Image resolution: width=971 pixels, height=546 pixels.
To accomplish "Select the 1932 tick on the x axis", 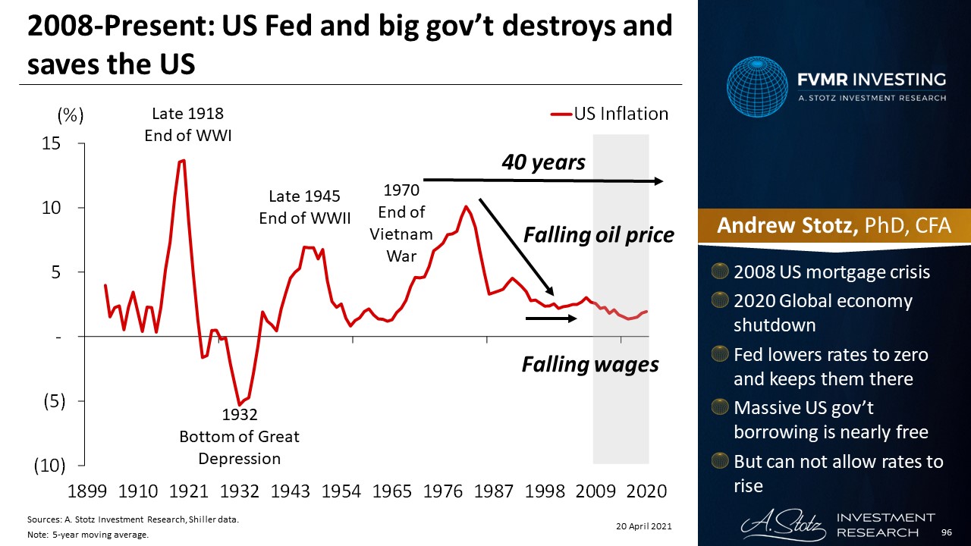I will pyautogui.click(x=239, y=491).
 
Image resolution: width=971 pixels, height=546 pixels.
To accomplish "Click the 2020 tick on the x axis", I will pyautogui.click(x=647, y=491).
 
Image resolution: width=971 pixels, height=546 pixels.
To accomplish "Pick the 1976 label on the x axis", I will pyautogui.click(x=443, y=491).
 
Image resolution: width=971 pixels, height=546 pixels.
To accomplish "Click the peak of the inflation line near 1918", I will pyautogui.click(x=183, y=160).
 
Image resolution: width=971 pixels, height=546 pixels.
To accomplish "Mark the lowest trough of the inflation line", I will pyautogui.click(x=240, y=404).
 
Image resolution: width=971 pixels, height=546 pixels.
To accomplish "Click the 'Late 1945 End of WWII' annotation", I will pyautogui.click(x=304, y=207).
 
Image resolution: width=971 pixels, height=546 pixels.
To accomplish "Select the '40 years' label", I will pyautogui.click(x=543, y=162).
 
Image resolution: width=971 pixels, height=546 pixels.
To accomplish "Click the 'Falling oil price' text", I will pyautogui.click(x=599, y=235).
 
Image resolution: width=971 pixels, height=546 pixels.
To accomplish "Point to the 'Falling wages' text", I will pyautogui.click(x=590, y=365).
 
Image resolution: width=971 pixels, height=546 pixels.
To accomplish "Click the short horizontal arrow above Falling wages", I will pyautogui.click(x=551, y=318).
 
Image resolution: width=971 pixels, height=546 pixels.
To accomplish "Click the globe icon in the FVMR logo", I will pyautogui.click(x=757, y=87).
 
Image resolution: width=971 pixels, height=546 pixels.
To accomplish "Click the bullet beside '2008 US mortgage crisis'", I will pyautogui.click(x=722, y=271).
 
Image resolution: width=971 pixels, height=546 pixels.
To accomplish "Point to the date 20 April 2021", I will pyautogui.click(x=643, y=526).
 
